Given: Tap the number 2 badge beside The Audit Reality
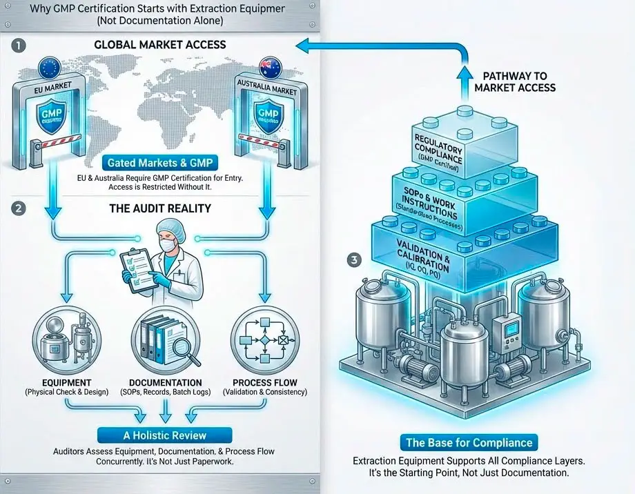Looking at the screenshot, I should [19, 206].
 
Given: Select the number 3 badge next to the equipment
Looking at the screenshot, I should [354, 260].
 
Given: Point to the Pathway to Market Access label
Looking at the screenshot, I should [515, 81].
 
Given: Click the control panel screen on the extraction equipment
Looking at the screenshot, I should [511, 329].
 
